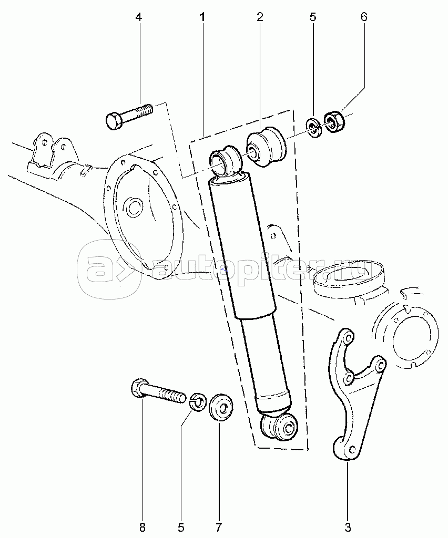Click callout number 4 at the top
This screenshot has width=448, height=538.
click(139, 17)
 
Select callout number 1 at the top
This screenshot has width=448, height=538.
click(202, 17)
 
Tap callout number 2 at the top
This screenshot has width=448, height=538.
click(259, 17)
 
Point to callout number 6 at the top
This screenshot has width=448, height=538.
click(364, 17)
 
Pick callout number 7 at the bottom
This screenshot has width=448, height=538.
click(219, 526)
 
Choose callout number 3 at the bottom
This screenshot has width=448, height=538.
click(348, 526)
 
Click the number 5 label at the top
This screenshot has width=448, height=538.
click(313, 17)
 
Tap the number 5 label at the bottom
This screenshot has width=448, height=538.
click(181, 526)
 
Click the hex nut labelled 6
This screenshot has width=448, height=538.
click(333, 121)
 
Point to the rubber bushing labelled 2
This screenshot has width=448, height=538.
click(266, 147)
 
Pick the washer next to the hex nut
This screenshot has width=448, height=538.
click(314, 128)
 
